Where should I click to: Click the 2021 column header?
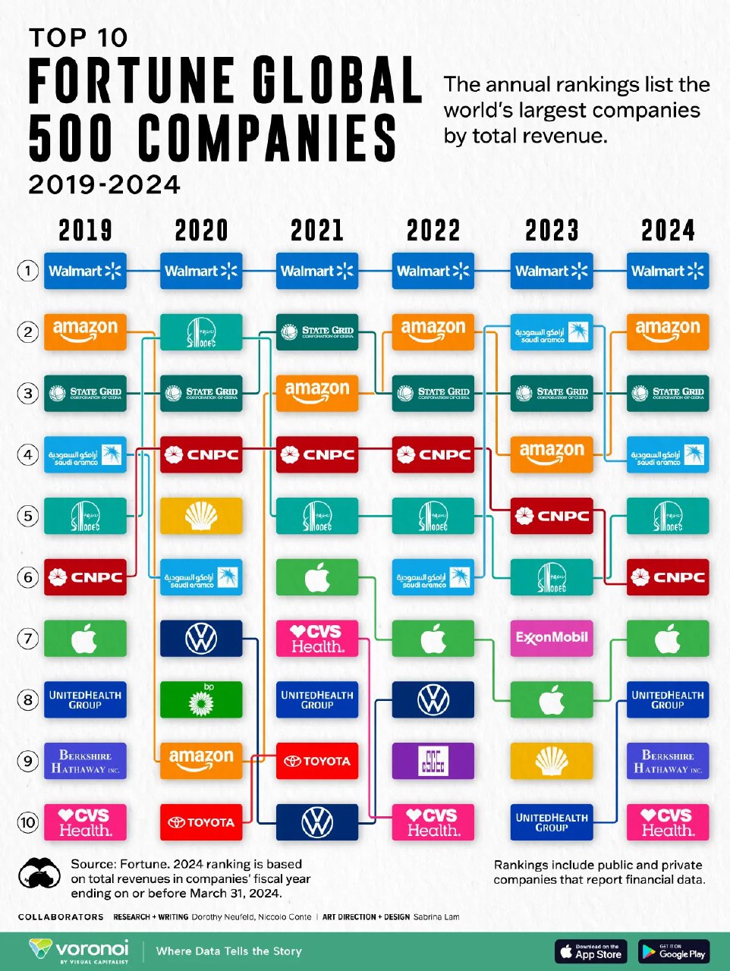pyautogui.click(x=317, y=231)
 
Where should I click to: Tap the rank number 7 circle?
pyautogui.click(x=28, y=639)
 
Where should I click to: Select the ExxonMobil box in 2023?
pyautogui.click(x=552, y=638)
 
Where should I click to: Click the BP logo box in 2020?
pyautogui.click(x=201, y=699)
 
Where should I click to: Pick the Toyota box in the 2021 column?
pyautogui.click(x=317, y=761)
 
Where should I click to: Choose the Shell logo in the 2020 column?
pyautogui.click(x=201, y=516)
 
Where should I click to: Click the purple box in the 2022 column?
pyautogui.click(x=433, y=761)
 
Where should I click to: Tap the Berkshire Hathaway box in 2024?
pyautogui.click(x=668, y=761)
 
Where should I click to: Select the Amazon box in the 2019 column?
pyautogui.click(x=85, y=332)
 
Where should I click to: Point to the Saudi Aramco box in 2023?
pyautogui.click(x=552, y=332)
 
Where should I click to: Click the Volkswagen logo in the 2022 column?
pyautogui.click(x=433, y=699)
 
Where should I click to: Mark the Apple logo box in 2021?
pyautogui.click(x=317, y=577)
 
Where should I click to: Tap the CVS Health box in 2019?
pyautogui.click(x=85, y=822)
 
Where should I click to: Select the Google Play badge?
pyautogui.click(x=674, y=951)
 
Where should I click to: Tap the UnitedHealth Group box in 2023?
pyautogui.click(x=552, y=822)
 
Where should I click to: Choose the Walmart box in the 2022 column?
pyautogui.click(x=433, y=271)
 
